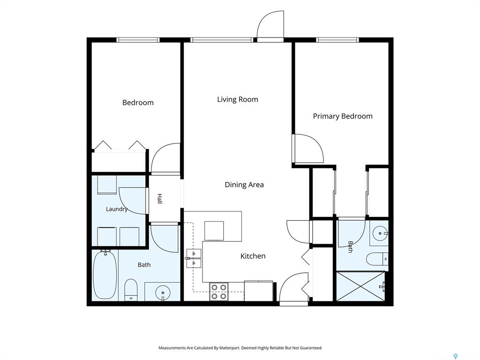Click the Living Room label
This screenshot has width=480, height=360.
tap(238, 99)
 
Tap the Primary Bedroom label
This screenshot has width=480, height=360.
tap(343, 116)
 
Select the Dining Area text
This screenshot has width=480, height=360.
tap(244, 185)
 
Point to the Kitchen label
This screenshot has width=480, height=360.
tap(253, 256)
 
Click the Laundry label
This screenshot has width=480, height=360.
tap(117, 209)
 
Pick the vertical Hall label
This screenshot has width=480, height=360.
tap(159, 199)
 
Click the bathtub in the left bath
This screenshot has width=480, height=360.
tap(105, 274)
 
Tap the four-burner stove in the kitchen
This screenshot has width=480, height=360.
tap(219, 292)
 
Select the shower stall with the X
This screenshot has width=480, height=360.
tap(360, 286)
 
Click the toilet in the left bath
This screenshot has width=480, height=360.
tap(131, 290)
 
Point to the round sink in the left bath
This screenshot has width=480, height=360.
tap(162, 293)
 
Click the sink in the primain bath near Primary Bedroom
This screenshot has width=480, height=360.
tap(381, 233)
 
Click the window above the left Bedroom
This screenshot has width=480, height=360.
tap(138, 40)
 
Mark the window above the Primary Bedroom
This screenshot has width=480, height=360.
tap(337, 40)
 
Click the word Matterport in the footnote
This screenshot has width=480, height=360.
tap(229, 348)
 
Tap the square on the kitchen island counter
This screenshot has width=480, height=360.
tap(214, 231)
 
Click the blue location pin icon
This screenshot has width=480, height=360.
tap(456, 356)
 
